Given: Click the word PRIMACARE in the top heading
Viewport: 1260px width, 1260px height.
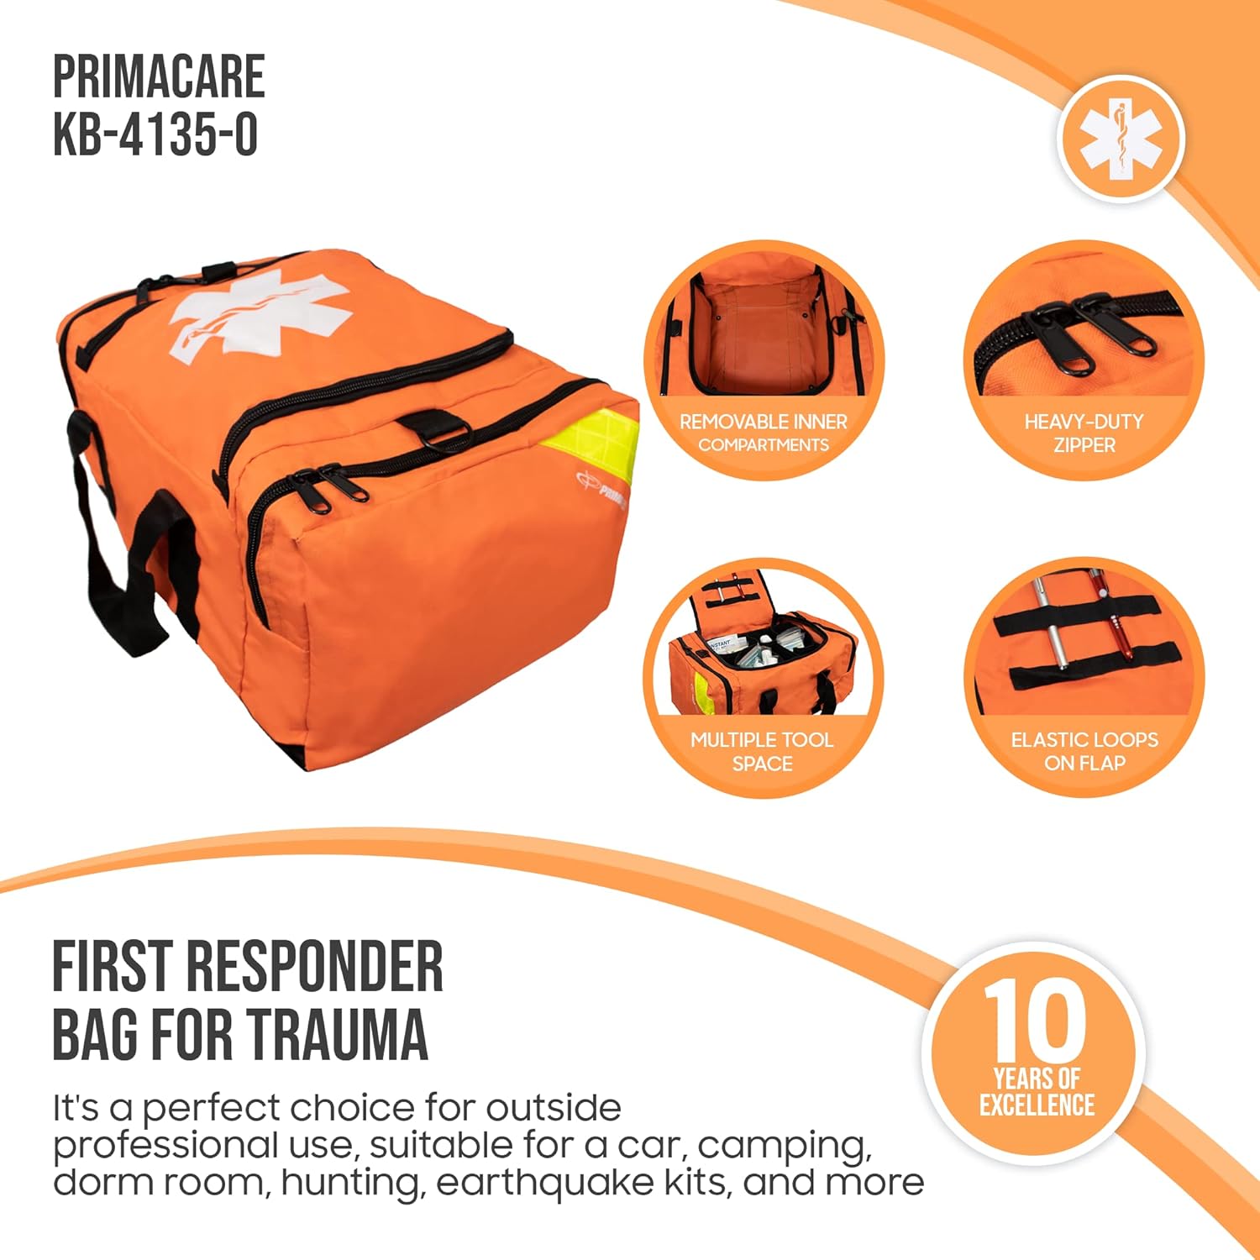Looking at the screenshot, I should [159, 76].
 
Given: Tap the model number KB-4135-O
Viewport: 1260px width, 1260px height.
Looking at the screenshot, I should [155, 134].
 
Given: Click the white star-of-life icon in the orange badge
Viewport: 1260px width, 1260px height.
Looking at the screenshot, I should [1121, 138].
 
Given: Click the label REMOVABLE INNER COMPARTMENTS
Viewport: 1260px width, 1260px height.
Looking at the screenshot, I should [763, 433].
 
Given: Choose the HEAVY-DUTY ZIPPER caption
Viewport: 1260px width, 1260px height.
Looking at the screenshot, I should [1084, 433].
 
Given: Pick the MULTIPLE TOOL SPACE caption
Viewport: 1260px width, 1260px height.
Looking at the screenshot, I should [762, 751].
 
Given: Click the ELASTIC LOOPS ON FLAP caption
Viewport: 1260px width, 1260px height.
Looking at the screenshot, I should [1084, 751].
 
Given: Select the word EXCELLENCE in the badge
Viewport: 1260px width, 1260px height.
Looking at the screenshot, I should [1037, 1105].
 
